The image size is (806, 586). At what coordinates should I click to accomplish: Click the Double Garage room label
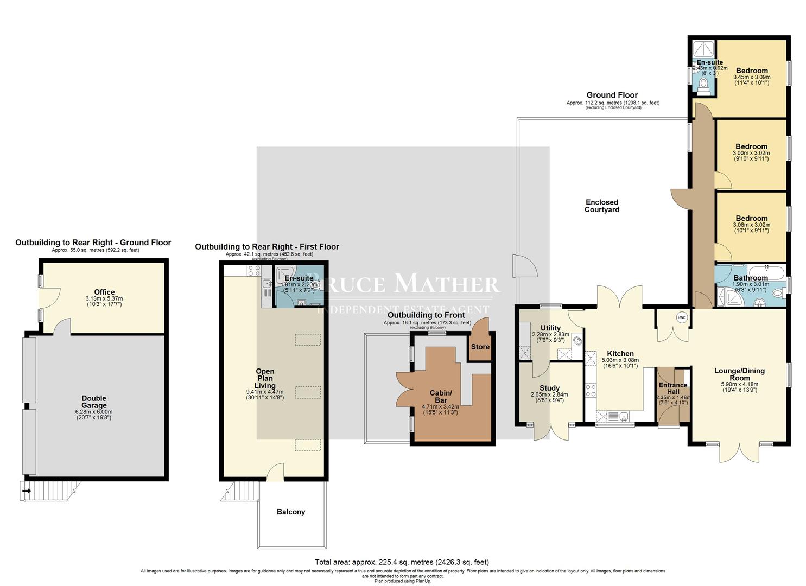coord(94,402)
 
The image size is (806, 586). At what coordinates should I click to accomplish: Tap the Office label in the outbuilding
coord(104,292)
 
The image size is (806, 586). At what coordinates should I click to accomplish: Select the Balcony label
coord(291,512)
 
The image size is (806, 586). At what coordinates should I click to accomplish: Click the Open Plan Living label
coord(265,378)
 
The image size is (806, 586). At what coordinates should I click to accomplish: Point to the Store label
coord(480,347)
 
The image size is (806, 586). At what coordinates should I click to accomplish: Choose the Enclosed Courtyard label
coord(602,206)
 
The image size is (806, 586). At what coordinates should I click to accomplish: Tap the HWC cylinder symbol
coord(681,318)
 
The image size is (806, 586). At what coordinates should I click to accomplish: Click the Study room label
coord(549,388)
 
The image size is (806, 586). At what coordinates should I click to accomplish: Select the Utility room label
coord(550,328)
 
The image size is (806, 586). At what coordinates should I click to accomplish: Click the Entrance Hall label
coord(673,388)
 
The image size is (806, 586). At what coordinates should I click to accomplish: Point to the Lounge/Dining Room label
coord(739,374)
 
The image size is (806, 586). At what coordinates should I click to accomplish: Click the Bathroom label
coord(750,278)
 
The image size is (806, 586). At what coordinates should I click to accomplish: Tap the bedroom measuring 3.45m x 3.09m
coord(752,71)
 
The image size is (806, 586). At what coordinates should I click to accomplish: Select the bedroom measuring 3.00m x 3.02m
coord(752,146)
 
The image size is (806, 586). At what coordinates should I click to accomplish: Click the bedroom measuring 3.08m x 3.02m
coord(752,219)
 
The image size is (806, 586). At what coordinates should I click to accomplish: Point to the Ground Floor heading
coord(612,95)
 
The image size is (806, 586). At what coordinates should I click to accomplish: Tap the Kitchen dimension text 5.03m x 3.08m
coord(620,360)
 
